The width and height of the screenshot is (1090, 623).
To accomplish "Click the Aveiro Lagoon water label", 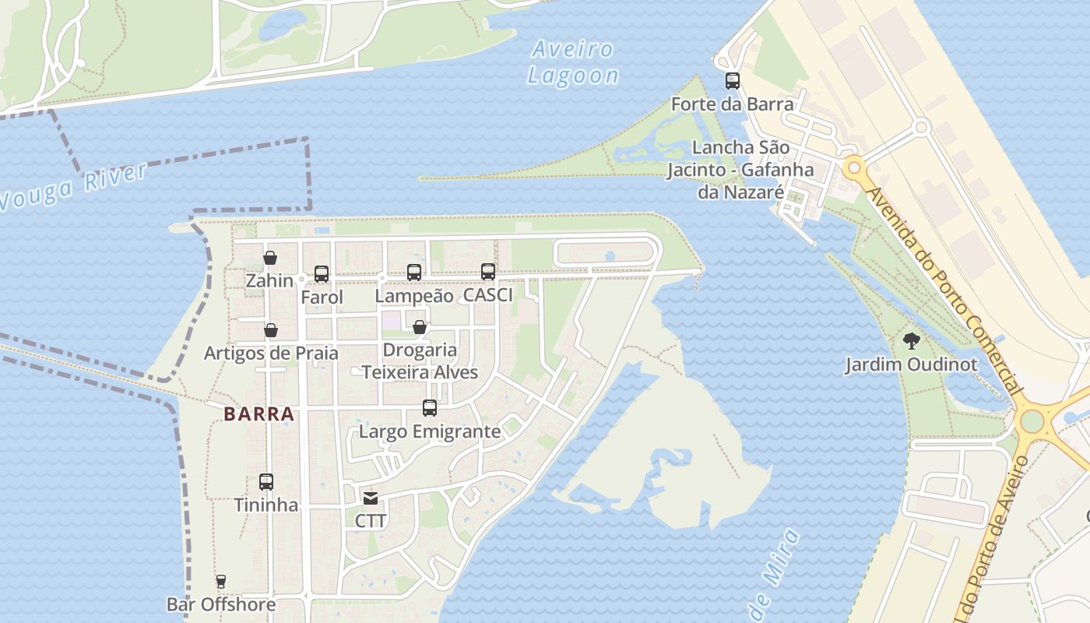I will pyautogui.click(x=573, y=62).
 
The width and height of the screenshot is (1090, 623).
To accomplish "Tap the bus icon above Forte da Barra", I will pyautogui.click(x=732, y=80).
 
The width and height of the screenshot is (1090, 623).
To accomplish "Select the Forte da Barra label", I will pyautogui.click(x=732, y=104).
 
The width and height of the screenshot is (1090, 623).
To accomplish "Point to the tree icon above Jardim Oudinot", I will pyautogui.click(x=911, y=340).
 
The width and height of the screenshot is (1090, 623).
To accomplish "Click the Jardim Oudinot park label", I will pyautogui.click(x=911, y=364).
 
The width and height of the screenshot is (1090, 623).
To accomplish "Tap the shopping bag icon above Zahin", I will pyautogui.click(x=270, y=258).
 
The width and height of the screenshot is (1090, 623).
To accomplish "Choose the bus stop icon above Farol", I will pyautogui.click(x=322, y=274).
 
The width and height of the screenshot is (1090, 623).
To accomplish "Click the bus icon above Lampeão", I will pyautogui.click(x=414, y=273).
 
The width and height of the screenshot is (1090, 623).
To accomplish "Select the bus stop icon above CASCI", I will pyautogui.click(x=488, y=272).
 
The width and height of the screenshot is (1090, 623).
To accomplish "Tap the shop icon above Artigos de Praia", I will pyautogui.click(x=271, y=330).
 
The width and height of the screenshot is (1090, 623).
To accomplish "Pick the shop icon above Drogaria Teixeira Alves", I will pyautogui.click(x=420, y=327).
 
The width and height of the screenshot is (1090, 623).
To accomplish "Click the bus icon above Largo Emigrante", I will pyautogui.click(x=430, y=407).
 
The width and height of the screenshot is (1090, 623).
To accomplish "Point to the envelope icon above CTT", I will pyautogui.click(x=371, y=498).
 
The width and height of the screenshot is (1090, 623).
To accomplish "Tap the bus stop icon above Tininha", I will pyautogui.click(x=266, y=482).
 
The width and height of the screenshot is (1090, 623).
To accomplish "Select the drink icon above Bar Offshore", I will pyautogui.click(x=221, y=581).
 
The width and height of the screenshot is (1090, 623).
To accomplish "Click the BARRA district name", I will pyautogui.click(x=259, y=414).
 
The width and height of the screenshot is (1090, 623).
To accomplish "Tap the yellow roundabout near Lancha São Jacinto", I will pyautogui.click(x=854, y=167).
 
